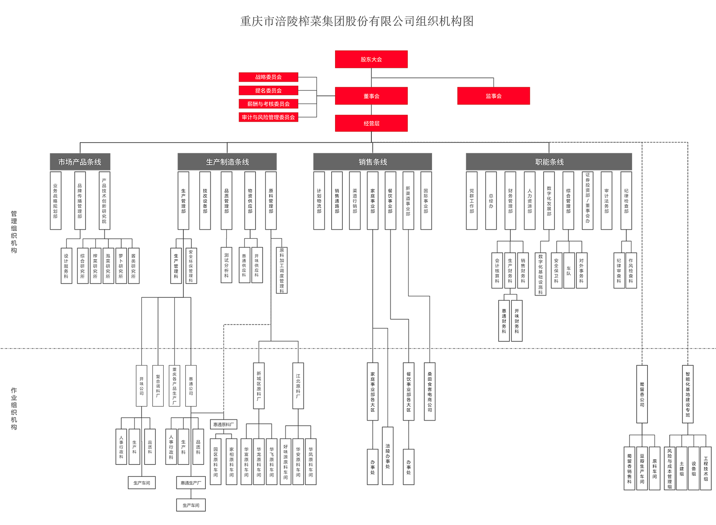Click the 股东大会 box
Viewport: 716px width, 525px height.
[x=371, y=59]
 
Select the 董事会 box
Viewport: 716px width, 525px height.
[x=371, y=96]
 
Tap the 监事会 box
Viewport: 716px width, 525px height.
[x=493, y=96]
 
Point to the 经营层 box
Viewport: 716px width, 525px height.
[x=371, y=123]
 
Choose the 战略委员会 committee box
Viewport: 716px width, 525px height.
[x=268, y=77]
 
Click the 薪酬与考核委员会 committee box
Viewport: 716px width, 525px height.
[x=268, y=104]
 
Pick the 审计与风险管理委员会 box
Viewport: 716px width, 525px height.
[x=268, y=117]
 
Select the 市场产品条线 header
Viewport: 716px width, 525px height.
[x=80, y=162]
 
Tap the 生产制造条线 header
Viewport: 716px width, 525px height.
[x=227, y=162]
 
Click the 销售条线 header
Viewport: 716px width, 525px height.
[x=373, y=162]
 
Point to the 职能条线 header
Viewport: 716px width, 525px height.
[x=549, y=162]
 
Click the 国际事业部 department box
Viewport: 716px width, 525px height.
[x=426, y=200]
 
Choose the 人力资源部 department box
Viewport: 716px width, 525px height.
[x=529, y=200]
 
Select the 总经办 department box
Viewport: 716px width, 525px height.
[x=491, y=200]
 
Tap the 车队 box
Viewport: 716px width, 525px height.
[x=569, y=271]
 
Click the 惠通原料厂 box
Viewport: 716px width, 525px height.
[x=223, y=424]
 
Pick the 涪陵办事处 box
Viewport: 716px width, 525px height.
[x=388, y=456]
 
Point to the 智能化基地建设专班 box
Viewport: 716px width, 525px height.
[x=687, y=394]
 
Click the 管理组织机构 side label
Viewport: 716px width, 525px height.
[x=14, y=232]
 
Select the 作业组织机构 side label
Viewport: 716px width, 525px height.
[x=14, y=409]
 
